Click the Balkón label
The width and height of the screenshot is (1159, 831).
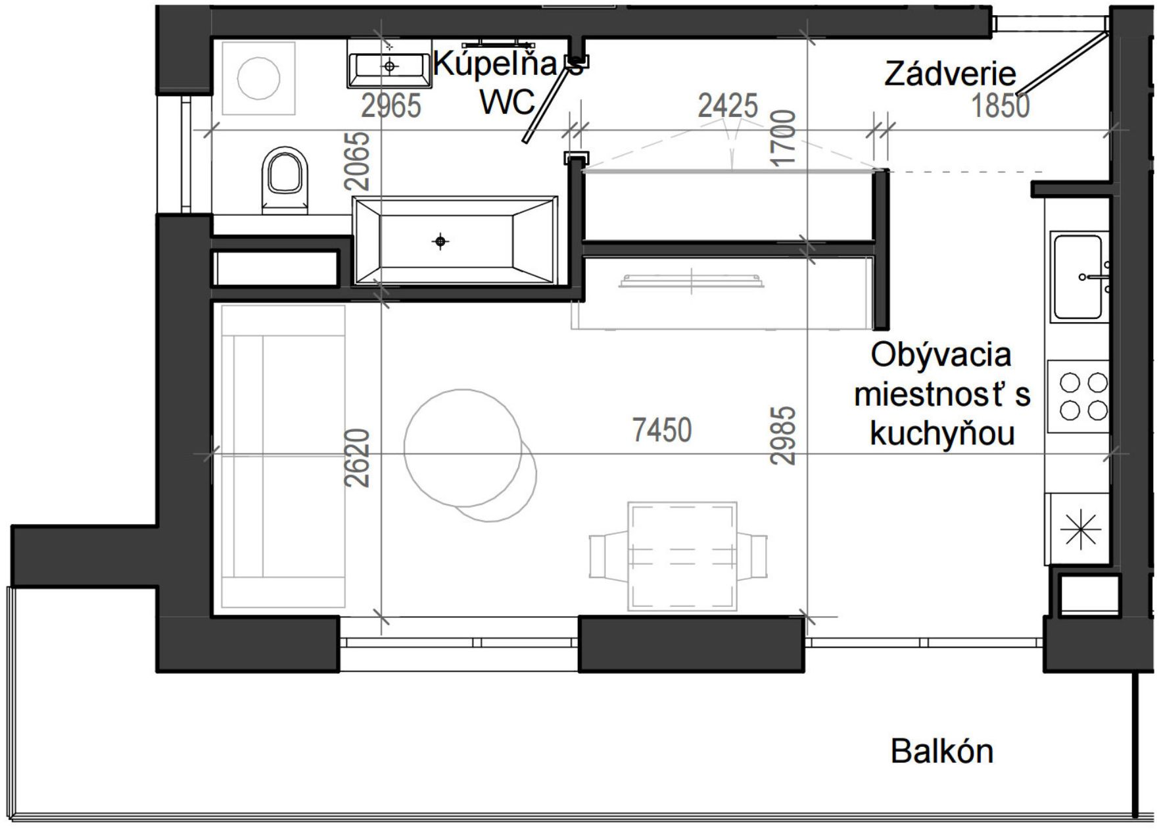(941, 751)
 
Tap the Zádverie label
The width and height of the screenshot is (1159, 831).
(950, 74)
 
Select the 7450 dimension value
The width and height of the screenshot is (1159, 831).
(662, 431)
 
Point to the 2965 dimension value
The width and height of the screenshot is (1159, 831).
(391, 106)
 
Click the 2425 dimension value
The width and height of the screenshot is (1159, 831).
(728, 106)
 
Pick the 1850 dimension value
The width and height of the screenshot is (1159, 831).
(1001, 106)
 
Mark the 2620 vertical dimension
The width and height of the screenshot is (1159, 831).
(357, 458)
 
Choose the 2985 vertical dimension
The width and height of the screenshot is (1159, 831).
(784, 436)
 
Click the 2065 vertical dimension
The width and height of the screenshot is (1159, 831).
(358, 161)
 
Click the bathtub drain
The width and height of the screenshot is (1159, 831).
(440, 241)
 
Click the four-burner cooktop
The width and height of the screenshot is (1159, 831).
(1078, 396)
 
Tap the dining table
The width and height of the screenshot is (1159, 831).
(682, 556)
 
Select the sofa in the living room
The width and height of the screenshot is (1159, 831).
(283, 456)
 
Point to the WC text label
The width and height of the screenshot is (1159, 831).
(508, 103)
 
